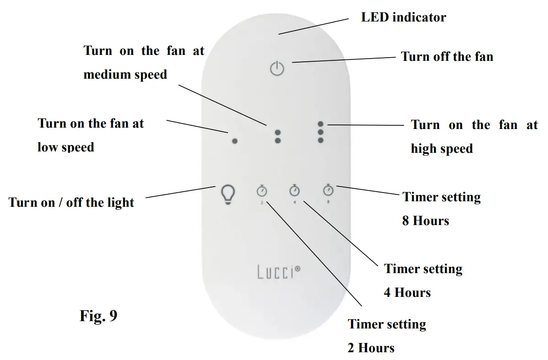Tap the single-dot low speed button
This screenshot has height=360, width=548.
point(234,141)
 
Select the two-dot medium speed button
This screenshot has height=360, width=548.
point(277,136)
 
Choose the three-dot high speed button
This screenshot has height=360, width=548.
point(320,132)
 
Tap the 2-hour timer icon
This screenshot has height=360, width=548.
point(262,191)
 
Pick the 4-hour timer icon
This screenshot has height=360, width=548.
point(294,190)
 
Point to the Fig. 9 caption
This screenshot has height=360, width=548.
point(98,316)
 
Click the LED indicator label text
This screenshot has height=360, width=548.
point(403,17)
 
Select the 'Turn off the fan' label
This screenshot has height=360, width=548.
point(447,57)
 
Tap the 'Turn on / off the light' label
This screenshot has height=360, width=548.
point(71,202)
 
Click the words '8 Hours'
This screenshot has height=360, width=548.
point(425,221)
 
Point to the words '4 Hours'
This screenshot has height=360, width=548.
point(407,292)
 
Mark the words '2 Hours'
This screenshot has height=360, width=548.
point(371,348)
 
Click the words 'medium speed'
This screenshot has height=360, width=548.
point(125,74)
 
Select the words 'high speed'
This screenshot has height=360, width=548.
point(441,149)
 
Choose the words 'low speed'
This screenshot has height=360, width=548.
point(66,147)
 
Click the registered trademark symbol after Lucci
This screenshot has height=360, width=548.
point(298,269)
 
